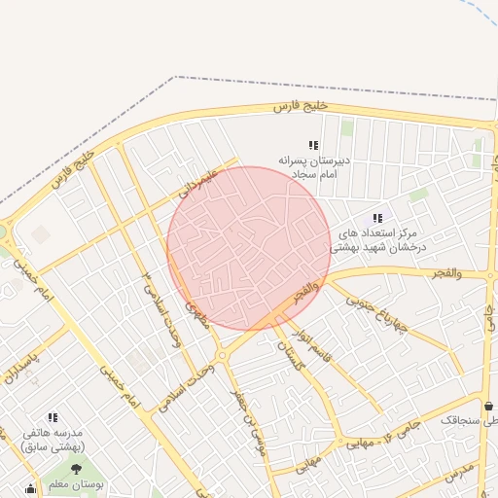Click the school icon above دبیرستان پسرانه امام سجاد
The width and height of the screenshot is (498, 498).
coord(313,145)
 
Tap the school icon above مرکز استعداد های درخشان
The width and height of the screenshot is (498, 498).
coord(377,218)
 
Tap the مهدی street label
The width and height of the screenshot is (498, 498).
coord(196,317)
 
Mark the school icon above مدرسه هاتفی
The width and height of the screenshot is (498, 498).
coord(53,416)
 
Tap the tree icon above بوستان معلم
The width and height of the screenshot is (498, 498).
coord(77,469)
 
